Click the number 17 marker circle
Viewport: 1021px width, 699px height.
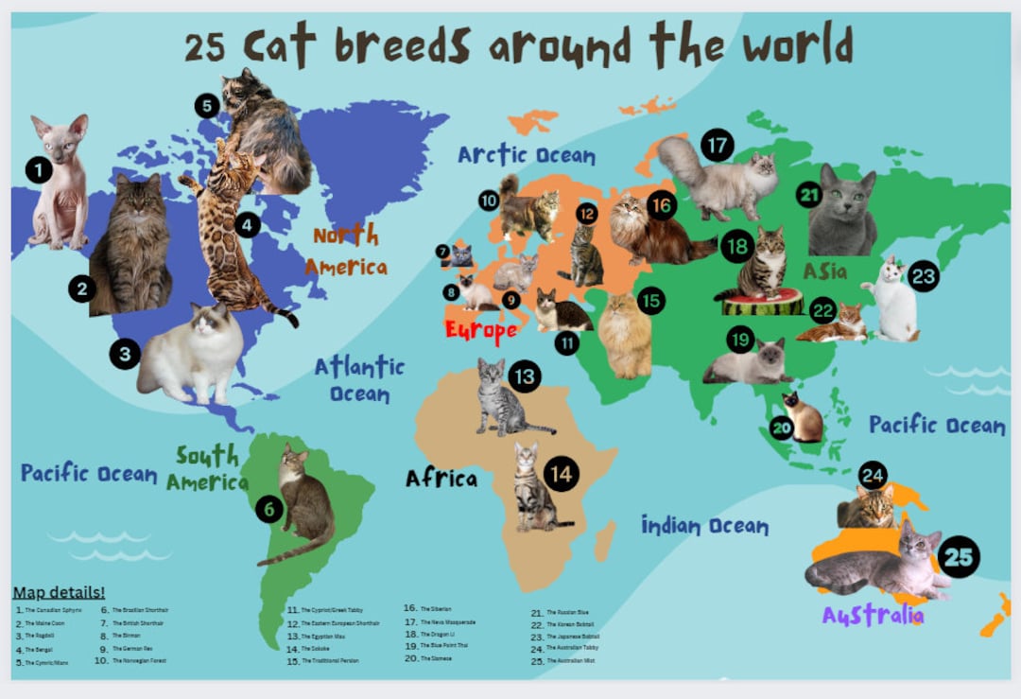coord(718,146)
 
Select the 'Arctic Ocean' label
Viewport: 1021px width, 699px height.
coord(527,154)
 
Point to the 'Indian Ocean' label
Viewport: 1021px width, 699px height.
coord(704,525)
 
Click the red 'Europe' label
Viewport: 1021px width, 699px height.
coord(481,330)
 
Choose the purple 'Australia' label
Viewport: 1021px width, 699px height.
coord(873,615)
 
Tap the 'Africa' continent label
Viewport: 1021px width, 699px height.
coord(441,478)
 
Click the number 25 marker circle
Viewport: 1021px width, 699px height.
coord(959,556)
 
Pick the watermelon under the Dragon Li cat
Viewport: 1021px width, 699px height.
coord(762,303)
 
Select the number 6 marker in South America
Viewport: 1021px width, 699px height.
coord(268,510)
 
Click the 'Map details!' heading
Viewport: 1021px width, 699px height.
coord(59,593)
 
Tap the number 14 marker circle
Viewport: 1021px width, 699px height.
coord(562,473)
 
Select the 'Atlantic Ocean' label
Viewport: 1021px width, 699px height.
coord(359,378)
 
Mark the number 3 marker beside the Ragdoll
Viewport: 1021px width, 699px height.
coord(125,354)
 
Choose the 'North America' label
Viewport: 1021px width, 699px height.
coord(346,251)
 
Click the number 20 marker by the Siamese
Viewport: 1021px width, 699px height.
coord(781,428)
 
